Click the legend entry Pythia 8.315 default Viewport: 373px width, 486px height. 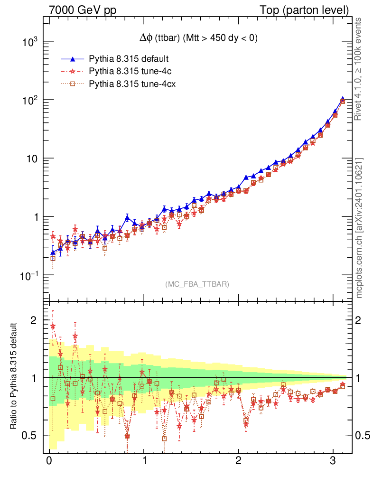(129, 59)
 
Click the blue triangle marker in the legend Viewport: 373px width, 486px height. (73, 59)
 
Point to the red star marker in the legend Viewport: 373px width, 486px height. (73, 72)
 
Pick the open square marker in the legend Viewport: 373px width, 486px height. (73, 84)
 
